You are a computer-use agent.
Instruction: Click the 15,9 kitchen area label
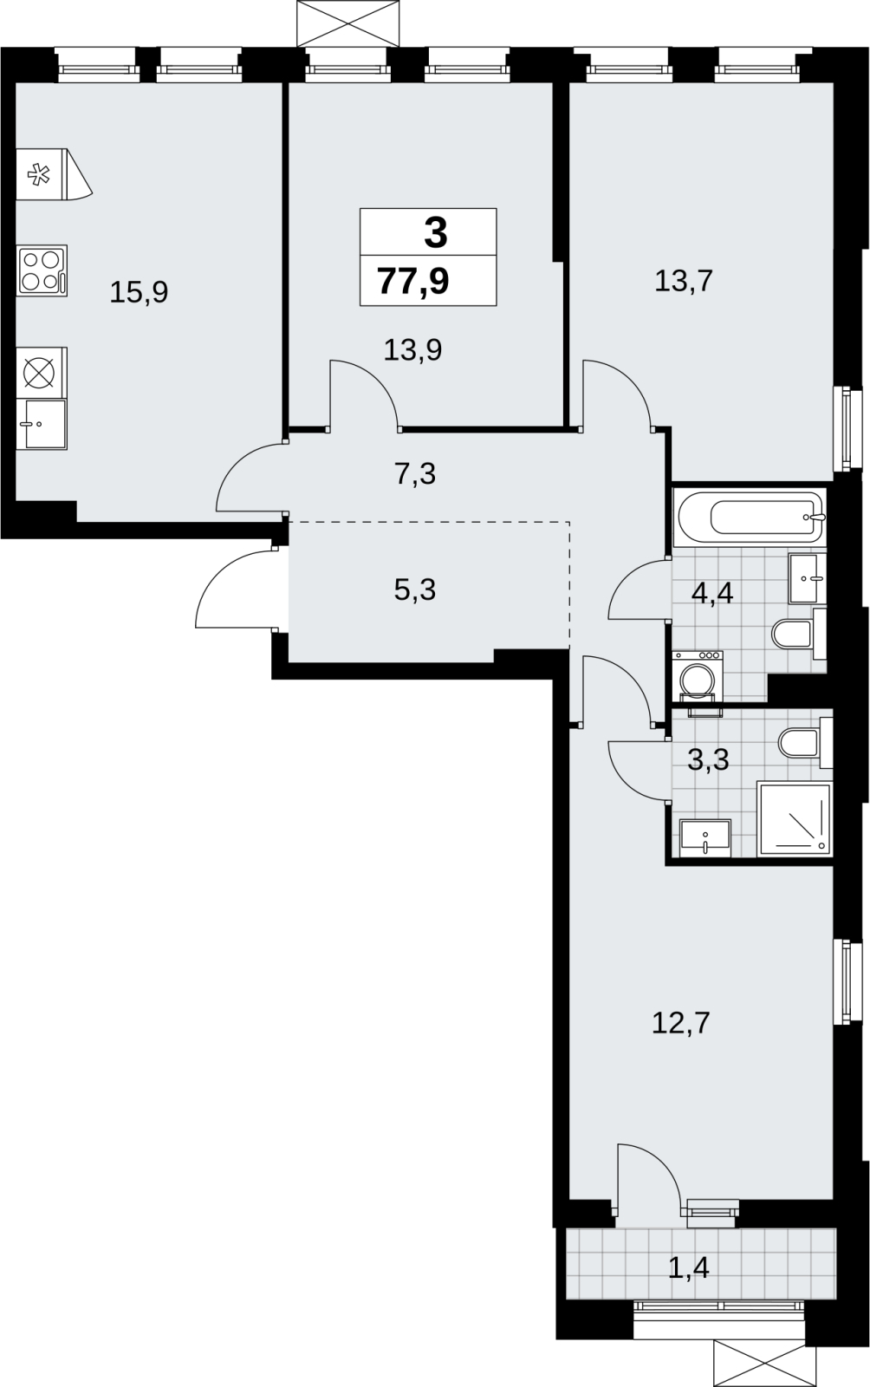[x=139, y=292]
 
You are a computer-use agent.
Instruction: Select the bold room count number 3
[x=436, y=234]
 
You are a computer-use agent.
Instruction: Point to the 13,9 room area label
[x=412, y=350]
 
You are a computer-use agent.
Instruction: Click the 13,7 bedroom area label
[x=684, y=281]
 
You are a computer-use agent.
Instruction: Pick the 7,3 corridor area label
[x=414, y=474]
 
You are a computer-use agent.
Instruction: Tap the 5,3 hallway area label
[x=414, y=590]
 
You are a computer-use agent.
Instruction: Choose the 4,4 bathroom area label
[x=712, y=594]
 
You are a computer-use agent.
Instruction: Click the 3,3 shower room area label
[x=709, y=759]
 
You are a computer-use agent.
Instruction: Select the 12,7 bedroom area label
[x=680, y=1023]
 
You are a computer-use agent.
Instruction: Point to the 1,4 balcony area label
[x=689, y=1269]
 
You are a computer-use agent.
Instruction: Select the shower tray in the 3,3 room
[x=795, y=819]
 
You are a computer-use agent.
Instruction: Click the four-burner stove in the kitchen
[x=42, y=271]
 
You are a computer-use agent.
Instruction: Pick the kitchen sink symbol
[x=44, y=424]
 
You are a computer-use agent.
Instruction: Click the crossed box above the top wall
[x=347, y=23]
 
